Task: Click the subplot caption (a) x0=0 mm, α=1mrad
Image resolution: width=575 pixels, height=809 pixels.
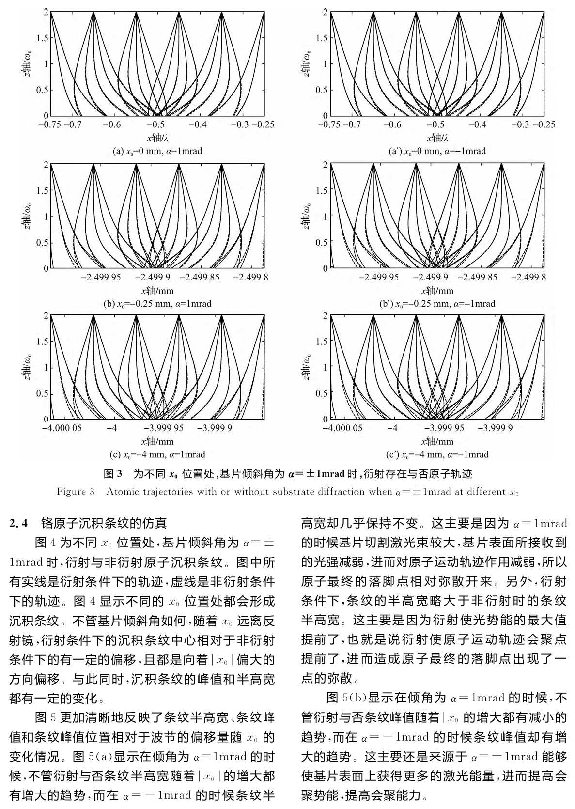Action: (157, 151)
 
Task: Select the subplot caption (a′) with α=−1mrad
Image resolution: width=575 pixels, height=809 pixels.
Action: (437, 151)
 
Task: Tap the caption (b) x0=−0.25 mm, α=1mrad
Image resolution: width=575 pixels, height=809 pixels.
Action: (157, 304)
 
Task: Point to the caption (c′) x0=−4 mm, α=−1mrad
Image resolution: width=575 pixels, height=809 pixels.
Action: (437, 455)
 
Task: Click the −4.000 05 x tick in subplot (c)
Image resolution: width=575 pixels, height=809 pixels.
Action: (62, 428)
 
